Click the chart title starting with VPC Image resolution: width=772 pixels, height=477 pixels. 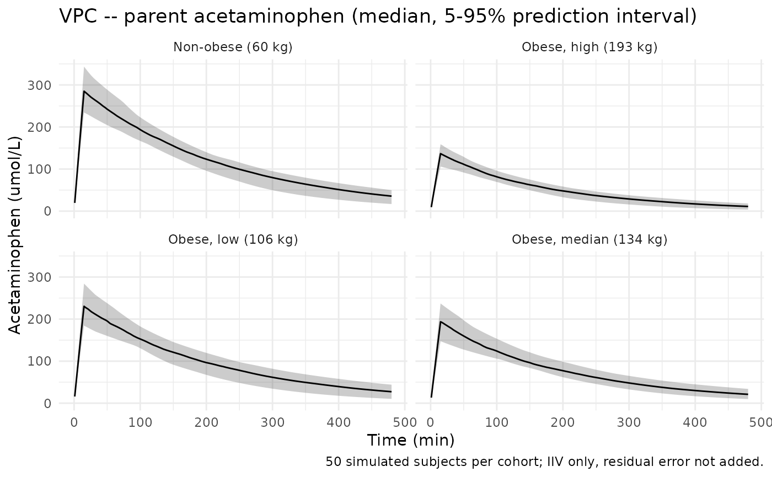[378, 16]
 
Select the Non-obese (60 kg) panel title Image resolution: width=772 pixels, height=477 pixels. [233, 47]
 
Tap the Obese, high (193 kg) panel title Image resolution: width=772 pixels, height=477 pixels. [589, 47]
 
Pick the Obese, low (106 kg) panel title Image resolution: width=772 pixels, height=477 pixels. [233, 239]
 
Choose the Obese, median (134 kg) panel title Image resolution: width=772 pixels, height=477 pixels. [589, 239]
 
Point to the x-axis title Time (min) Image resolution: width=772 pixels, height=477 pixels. [411, 440]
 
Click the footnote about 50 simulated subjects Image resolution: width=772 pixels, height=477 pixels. [545, 462]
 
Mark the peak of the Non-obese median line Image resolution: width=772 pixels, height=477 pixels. [84, 91]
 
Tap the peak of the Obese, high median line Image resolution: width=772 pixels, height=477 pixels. [441, 153]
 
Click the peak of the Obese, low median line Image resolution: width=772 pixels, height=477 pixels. [84, 306]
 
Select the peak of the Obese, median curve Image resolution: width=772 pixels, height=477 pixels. [441, 321]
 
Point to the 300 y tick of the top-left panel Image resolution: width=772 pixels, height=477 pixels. [39, 85]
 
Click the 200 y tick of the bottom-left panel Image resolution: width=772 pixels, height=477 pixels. [39, 319]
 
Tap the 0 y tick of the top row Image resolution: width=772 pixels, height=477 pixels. [47, 211]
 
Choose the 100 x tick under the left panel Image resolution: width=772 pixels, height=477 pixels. [140, 422]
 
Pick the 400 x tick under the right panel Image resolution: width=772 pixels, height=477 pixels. [695, 422]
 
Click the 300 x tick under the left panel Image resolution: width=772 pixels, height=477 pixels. [272, 422]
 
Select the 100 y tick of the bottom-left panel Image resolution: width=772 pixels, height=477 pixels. [39, 361]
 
